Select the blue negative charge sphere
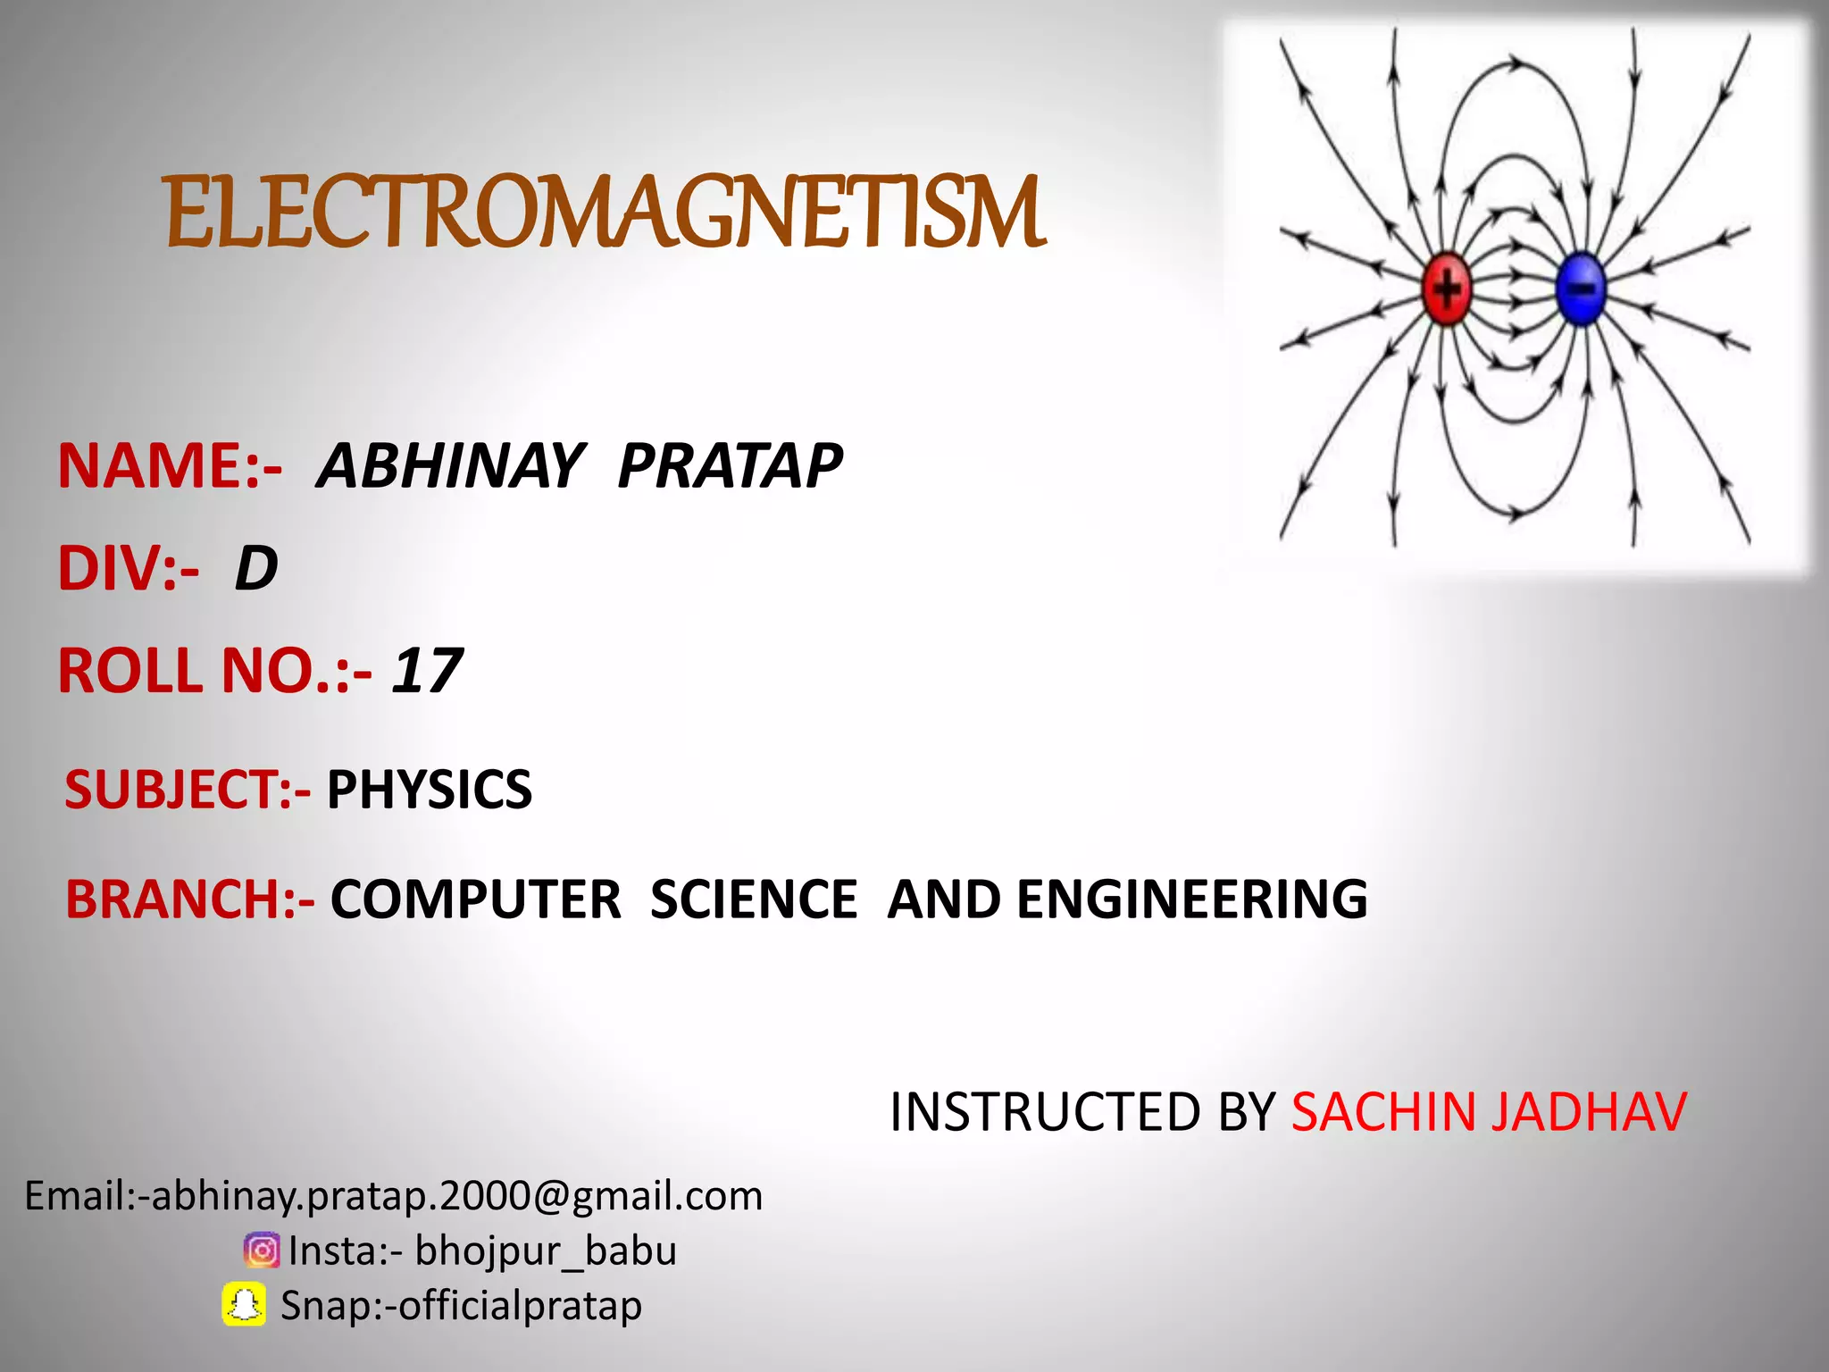1581,289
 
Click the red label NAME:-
170,466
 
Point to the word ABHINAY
451,466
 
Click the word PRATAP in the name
730,466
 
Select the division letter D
256,569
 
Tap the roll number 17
427,671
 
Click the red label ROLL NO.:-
214,671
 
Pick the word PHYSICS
429,790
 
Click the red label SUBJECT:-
188,790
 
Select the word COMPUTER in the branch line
475,899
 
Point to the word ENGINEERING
1191,899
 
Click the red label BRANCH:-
189,899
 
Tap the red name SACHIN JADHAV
1489,1112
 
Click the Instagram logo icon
262,1251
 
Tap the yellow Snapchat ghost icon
244,1305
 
